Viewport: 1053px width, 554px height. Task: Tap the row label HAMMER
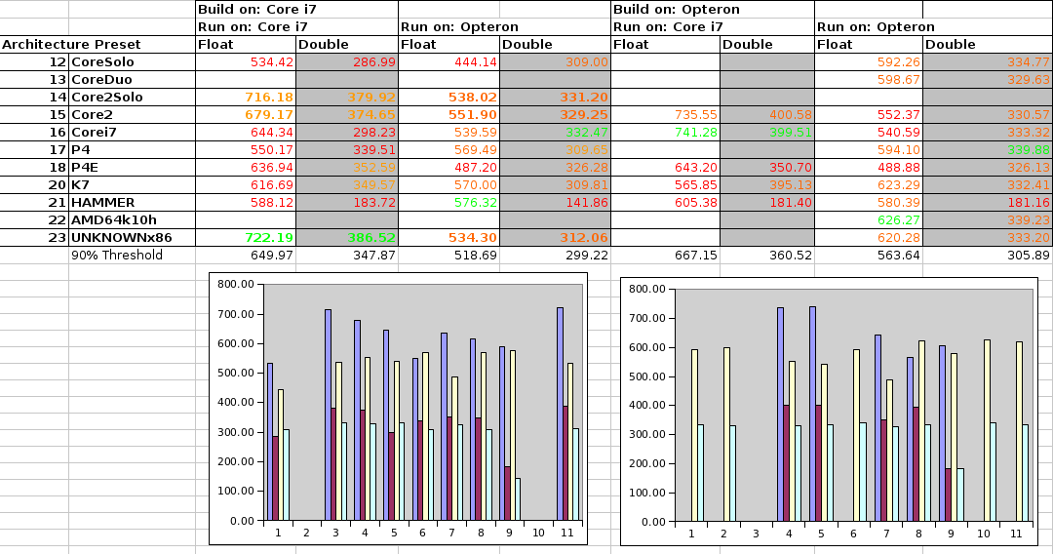(x=103, y=202)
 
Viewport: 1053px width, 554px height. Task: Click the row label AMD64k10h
(x=113, y=219)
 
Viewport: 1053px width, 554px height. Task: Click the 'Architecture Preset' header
(x=71, y=44)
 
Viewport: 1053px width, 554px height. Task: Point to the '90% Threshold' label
(x=117, y=256)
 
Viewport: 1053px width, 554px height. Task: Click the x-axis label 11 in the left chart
(x=565, y=534)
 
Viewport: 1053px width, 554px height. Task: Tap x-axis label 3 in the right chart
(x=756, y=534)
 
